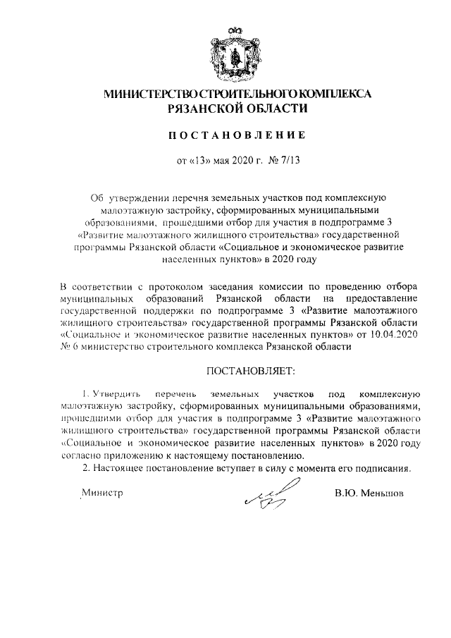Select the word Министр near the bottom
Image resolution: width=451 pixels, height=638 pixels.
click(103, 493)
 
